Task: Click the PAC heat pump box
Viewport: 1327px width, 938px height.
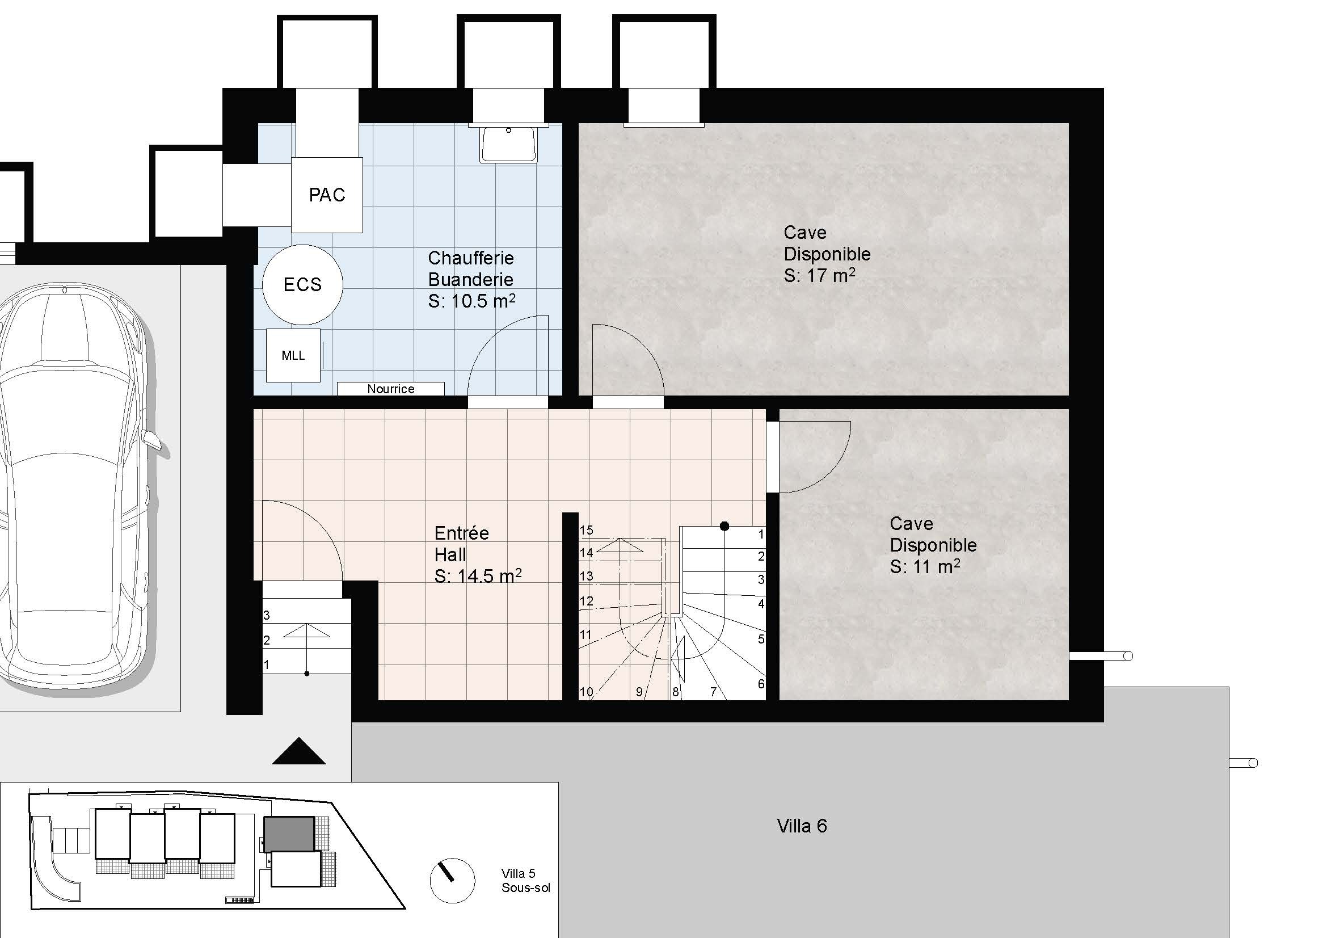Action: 327,195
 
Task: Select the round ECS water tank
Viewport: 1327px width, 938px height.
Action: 302,284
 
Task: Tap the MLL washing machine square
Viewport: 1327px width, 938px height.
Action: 293,355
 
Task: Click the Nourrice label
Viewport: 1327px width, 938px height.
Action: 391,389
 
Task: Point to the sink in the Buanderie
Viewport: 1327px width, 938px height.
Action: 508,144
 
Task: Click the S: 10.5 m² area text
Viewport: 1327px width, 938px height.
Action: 471,301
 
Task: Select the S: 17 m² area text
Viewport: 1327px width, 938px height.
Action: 819,276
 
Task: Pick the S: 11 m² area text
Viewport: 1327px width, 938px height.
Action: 925,567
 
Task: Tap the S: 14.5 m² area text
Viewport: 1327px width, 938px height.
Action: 478,576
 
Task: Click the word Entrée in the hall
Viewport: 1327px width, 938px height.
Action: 461,533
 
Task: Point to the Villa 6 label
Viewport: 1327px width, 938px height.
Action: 802,826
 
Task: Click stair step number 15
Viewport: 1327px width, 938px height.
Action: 586,530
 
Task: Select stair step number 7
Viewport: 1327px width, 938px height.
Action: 713,692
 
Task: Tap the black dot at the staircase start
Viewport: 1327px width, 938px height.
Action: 724,526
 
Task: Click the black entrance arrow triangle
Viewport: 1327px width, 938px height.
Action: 299,751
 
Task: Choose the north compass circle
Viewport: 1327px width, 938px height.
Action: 453,880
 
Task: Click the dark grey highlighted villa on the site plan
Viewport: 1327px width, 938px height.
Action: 289,834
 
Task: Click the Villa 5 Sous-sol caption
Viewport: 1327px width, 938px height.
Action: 525,880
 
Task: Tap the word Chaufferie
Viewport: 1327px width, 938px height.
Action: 470,258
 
